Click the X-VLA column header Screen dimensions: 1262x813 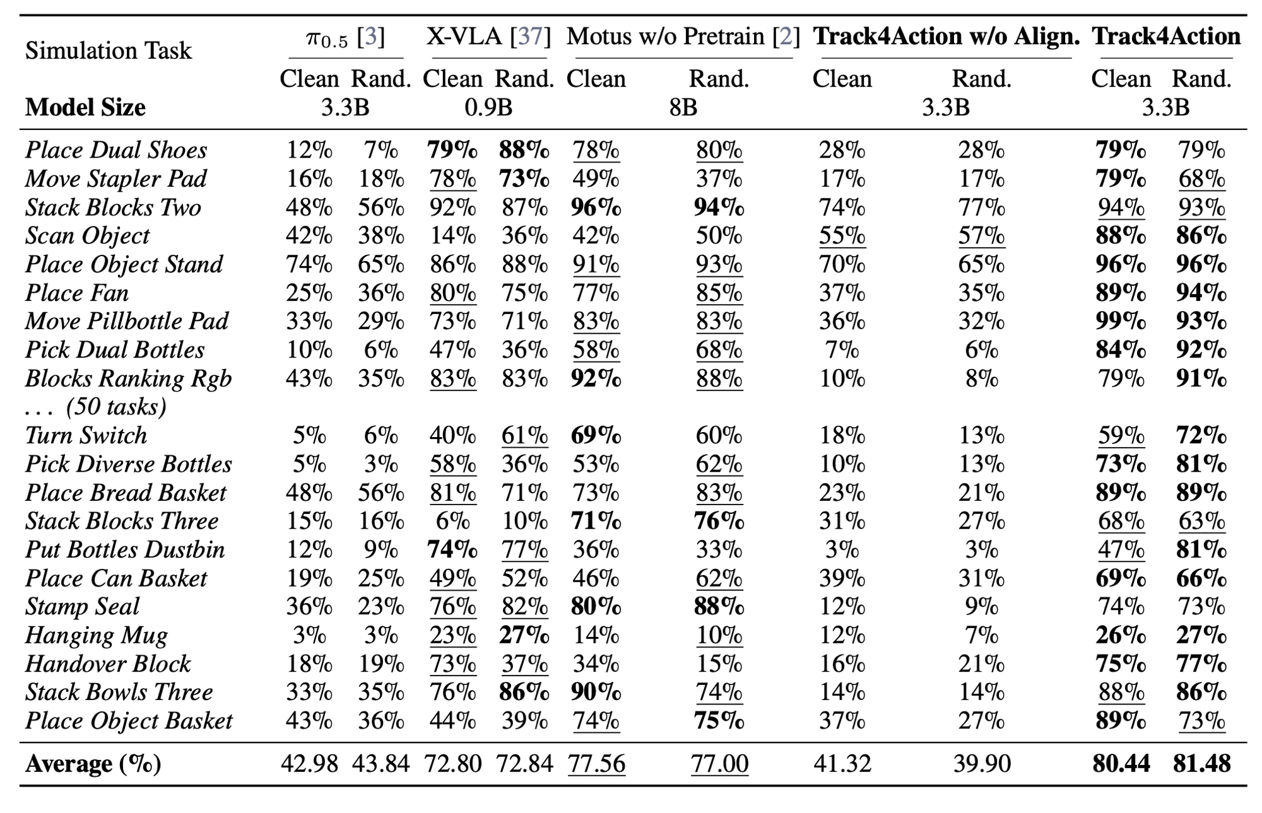tap(488, 37)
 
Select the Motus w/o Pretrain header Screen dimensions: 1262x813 tap(683, 37)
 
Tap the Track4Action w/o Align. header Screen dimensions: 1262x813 tap(946, 37)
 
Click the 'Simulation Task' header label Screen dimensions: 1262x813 tap(108, 50)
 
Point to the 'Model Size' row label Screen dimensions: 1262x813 tap(85, 107)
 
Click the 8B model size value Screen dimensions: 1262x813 tap(683, 108)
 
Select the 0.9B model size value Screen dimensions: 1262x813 tap(488, 108)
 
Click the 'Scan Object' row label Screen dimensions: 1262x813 tap(87, 236)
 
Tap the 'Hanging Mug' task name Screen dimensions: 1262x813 tap(96, 635)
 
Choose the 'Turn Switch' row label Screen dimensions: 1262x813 tap(86, 435)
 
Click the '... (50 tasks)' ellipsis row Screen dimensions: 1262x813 tap(95, 407)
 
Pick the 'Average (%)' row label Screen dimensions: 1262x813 tap(93, 764)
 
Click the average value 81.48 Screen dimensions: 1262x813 tap(1201, 764)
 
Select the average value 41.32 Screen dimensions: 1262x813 tap(842, 764)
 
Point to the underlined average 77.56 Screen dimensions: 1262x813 tap(596, 764)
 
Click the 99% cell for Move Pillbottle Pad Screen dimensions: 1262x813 tap(1121, 322)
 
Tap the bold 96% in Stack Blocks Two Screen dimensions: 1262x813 tap(596, 208)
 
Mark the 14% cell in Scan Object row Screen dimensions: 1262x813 tap(452, 236)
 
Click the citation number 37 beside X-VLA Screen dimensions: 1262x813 tap(530, 37)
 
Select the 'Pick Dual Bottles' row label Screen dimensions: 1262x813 tap(115, 350)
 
